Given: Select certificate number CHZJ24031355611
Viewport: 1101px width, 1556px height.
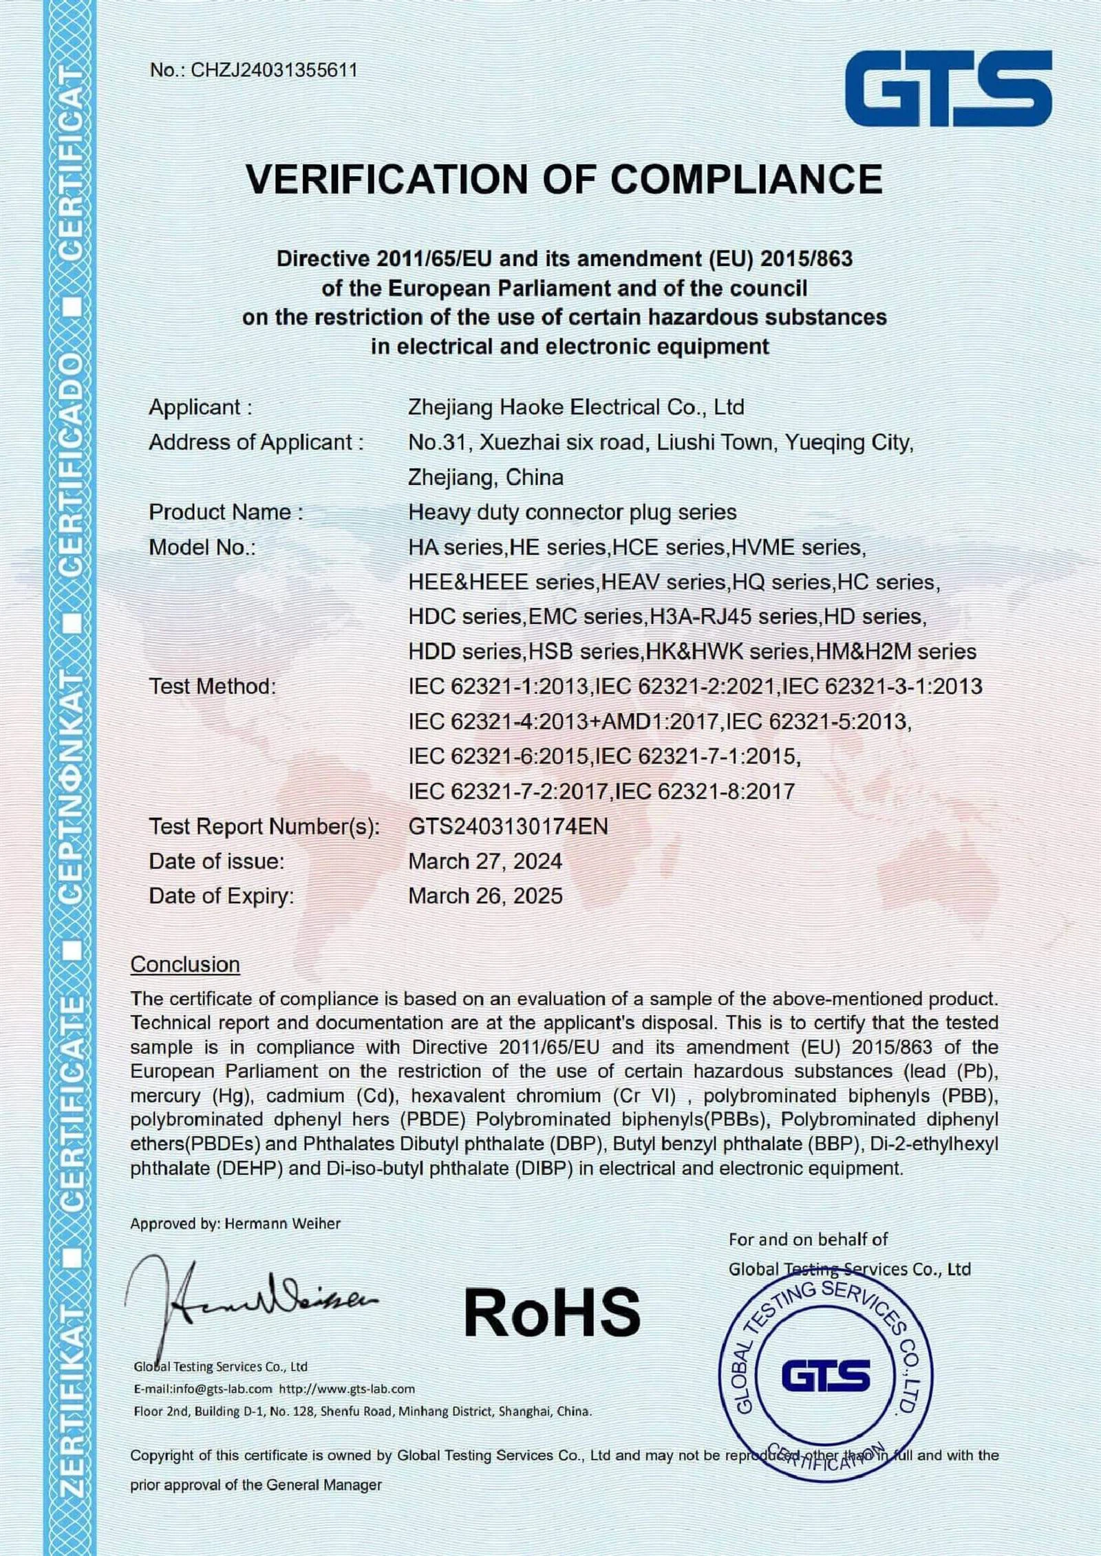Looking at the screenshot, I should click(274, 70).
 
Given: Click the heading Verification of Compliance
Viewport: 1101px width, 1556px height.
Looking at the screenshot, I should click(564, 180).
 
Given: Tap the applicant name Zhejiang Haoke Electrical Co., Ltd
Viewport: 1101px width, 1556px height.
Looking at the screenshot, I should click(576, 407).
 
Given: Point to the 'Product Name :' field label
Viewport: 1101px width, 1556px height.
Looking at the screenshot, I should click(226, 512).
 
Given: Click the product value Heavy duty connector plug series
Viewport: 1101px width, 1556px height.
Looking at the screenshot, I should click(572, 512).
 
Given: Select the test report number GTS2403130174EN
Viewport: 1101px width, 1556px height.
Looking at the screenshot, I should click(508, 826).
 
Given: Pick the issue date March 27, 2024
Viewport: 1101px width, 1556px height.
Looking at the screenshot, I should click(485, 861).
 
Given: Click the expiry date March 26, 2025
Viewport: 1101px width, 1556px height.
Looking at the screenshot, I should click(485, 896).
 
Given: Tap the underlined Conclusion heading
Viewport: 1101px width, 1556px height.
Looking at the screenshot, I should click(185, 964).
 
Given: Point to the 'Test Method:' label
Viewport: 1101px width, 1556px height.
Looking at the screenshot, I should click(212, 687).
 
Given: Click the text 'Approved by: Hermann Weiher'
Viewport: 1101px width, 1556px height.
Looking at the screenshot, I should click(235, 1224).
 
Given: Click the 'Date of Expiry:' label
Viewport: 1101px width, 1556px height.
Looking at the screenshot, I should click(221, 896).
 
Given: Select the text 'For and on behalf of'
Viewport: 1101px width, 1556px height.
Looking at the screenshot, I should click(808, 1240).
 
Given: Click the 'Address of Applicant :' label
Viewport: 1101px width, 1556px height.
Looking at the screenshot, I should click(255, 442).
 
